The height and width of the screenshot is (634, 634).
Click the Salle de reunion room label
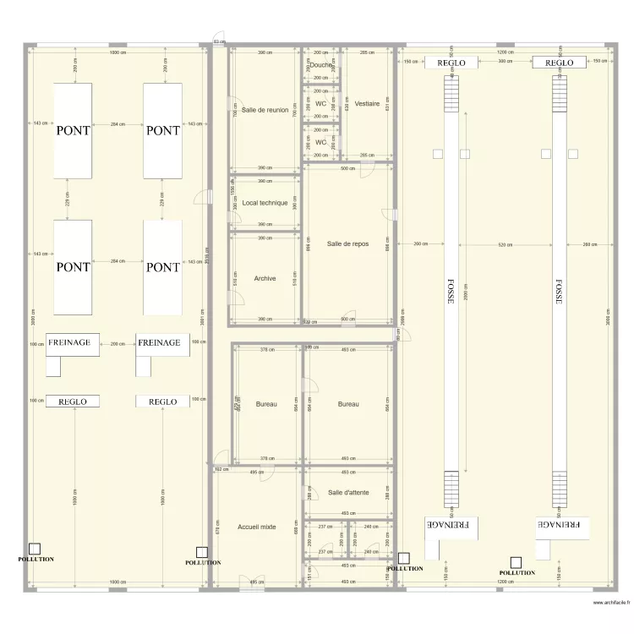point(265,110)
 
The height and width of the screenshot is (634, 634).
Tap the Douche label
point(320,65)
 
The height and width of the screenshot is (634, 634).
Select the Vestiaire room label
point(367,104)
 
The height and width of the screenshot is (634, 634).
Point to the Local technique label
point(265,203)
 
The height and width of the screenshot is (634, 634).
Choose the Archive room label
point(265,278)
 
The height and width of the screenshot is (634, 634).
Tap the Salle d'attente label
point(348,492)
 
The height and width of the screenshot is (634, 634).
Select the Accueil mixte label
point(257,527)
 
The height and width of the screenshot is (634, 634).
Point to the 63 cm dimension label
point(218,41)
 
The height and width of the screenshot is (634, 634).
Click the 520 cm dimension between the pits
point(505,244)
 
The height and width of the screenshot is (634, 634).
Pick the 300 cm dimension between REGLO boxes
point(505,62)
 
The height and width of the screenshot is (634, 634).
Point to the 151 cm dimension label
point(309,572)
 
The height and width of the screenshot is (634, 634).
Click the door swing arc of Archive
point(234,296)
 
